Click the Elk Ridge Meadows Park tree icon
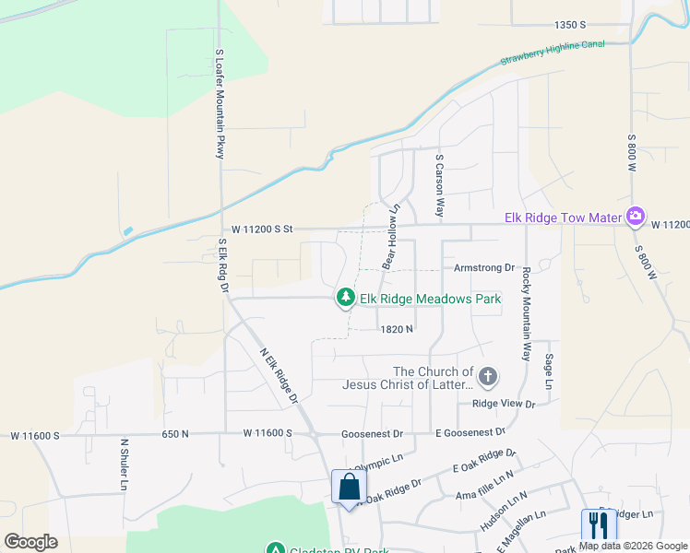(x=346, y=297)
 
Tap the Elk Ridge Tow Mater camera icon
(x=635, y=217)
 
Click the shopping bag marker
(x=349, y=487)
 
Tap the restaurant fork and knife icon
(x=598, y=525)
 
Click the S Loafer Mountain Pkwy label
(x=220, y=104)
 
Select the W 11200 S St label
(x=261, y=229)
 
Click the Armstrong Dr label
(x=483, y=267)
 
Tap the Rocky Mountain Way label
(x=527, y=313)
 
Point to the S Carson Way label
(x=440, y=185)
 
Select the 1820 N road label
(x=395, y=328)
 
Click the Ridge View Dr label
(x=504, y=404)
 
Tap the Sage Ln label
(x=549, y=371)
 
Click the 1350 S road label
(x=571, y=25)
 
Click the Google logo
(x=30, y=542)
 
